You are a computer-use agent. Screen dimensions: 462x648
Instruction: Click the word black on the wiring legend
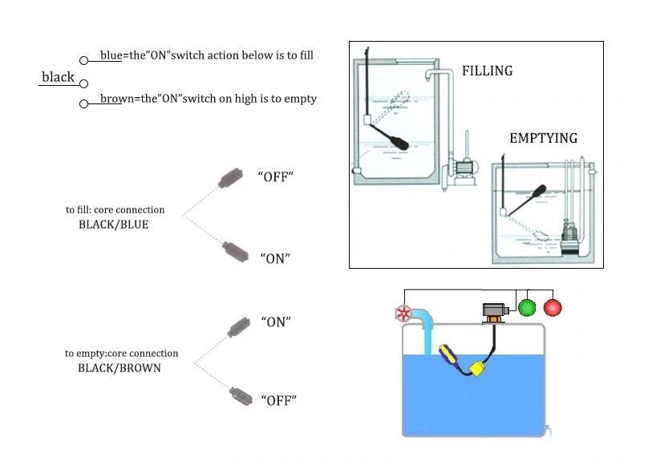58,77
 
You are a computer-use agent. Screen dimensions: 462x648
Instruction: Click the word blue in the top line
111,55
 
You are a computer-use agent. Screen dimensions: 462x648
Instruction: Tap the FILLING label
487,71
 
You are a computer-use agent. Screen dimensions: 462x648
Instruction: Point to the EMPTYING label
543,138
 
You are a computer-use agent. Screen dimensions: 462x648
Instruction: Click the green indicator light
526,306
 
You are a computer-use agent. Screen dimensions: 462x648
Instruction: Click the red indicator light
553,306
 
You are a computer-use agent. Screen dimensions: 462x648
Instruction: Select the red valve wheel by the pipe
404,314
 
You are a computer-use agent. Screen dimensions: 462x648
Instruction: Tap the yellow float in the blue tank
477,369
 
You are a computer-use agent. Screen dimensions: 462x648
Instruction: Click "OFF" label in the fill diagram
275,176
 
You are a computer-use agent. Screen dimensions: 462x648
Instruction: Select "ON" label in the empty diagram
275,322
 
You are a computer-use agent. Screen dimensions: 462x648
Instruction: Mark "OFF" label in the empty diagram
277,399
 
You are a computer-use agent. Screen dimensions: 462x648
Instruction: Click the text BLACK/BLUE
113,225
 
